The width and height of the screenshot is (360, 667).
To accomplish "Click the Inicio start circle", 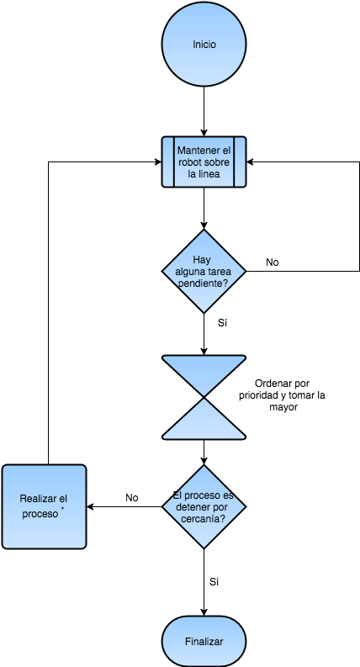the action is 204,44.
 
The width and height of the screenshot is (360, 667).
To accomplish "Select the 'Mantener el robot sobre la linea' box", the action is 204,161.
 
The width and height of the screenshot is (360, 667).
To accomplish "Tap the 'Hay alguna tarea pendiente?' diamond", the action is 204,271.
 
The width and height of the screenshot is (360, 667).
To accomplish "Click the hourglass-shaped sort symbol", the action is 204,397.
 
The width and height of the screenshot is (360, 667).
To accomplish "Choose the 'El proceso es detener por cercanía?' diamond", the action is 204,506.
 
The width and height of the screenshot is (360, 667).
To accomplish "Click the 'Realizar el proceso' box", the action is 45,506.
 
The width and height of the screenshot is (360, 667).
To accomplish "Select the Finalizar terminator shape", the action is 204,642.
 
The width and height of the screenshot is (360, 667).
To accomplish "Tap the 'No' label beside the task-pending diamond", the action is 273,262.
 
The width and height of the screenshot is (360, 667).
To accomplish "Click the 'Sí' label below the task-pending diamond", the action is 223,323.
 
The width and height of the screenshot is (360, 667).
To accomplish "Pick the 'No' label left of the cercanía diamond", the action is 132,498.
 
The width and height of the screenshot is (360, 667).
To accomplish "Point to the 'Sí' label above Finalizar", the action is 214,582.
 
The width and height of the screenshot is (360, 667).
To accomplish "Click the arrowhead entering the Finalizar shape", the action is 204,612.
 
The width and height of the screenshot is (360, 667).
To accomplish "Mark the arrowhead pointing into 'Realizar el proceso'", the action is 90,506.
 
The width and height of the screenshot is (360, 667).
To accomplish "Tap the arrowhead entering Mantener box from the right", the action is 250,161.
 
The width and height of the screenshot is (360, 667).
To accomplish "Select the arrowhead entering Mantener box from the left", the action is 158,161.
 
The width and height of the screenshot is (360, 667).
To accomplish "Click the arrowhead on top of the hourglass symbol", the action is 204,352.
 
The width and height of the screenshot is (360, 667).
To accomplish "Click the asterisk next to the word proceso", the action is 62,508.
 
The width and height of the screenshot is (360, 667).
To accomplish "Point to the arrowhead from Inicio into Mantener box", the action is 204,133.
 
